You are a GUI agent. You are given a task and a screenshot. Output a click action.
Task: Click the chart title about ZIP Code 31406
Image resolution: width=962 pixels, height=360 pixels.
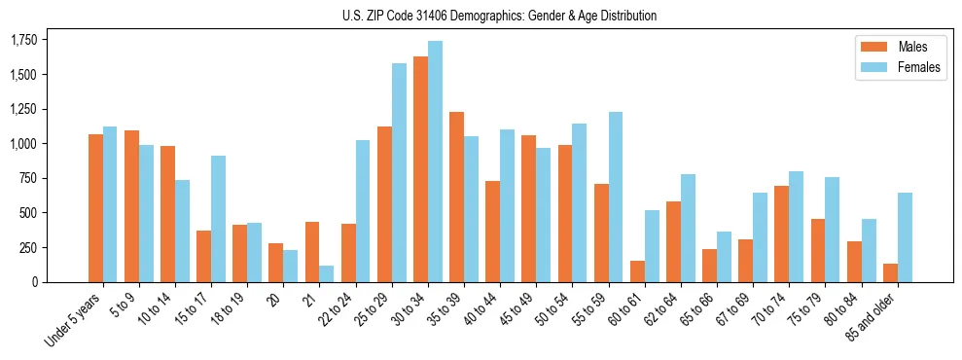(499, 16)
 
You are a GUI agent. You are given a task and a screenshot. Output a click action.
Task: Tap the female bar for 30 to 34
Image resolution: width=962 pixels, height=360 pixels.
(435, 162)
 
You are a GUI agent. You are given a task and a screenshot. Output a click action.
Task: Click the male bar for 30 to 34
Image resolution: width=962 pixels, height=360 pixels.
(420, 169)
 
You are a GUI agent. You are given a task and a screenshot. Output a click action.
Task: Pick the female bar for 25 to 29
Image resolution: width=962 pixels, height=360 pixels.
(399, 172)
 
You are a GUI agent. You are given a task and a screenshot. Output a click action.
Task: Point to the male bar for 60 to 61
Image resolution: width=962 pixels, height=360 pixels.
(636, 271)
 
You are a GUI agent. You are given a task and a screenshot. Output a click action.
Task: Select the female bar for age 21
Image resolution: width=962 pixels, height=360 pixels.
(327, 273)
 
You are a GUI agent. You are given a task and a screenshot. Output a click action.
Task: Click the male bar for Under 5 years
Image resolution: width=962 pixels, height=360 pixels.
(95, 208)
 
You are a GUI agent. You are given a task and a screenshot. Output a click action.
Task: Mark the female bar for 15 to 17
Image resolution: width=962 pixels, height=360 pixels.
(219, 219)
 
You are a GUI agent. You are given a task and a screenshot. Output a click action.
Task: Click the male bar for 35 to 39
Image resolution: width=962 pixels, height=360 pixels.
(456, 197)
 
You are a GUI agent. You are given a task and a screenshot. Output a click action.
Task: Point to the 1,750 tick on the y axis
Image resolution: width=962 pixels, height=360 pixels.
(23, 40)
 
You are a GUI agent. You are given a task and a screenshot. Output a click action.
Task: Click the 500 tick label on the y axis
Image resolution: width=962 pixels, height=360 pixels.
(28, 213)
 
